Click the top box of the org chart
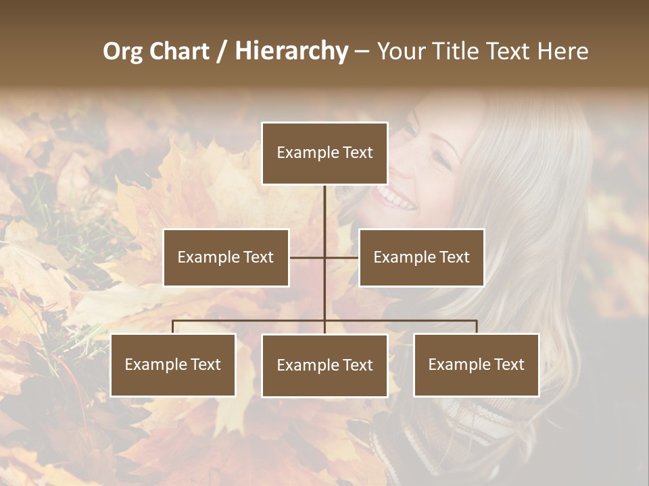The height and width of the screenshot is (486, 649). [x=324, y=153]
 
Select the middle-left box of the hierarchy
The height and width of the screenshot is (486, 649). [x=226, y=257]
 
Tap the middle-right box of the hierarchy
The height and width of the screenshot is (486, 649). [x=421, y=257]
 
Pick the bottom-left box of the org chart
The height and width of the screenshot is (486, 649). [x=173, y=364]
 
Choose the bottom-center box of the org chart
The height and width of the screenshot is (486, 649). [x=324, y=365]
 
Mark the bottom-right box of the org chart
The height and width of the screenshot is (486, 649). [x=477, y=364]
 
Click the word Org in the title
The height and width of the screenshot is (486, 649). [x=122, y=51]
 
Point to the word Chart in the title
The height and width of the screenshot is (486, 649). [x=180, y=51]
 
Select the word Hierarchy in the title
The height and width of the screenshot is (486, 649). [x=291, y=51]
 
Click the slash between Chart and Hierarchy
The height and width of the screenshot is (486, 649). [x=222, y=52]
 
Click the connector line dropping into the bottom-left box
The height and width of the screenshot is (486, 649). [x=173, y=327]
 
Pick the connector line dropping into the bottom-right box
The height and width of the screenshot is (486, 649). [x=477, y=327]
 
